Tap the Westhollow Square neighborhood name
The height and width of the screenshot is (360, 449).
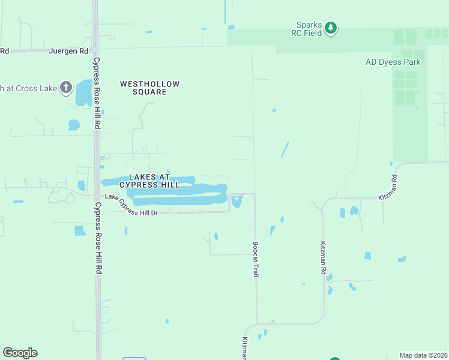[x=150, y=88]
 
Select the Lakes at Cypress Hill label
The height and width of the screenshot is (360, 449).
[x=154, y=181]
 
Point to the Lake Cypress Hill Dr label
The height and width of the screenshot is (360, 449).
[x=130, y=205]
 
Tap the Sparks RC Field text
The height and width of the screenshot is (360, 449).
[x=310, y=29]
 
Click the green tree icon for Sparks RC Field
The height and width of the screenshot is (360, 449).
[x=331, y=28]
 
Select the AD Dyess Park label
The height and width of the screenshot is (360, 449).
[x=395, y=62]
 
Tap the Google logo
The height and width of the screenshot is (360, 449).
[x=20, y=353]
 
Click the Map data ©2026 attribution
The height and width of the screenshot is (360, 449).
[x=423, y=355]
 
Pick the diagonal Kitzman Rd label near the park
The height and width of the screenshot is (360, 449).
[x=388, y=187]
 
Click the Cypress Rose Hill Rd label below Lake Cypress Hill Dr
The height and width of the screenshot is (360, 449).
[x=97, y=238]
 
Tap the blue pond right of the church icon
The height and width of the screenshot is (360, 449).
[x=83, y=92]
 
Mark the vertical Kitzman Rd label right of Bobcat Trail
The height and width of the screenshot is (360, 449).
[x=322, y=258]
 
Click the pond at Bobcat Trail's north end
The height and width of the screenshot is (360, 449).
[x=237, y=202]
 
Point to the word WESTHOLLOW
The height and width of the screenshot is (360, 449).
[x=150, y=84]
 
